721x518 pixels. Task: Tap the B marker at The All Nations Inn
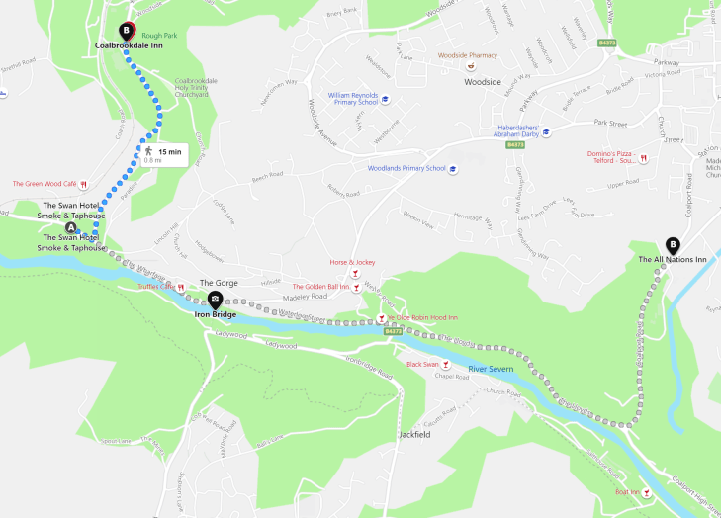click(x=674, y=245)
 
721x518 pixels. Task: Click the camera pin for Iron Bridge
click(x=215, y=298)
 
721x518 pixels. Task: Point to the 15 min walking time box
click(x=163, y=153)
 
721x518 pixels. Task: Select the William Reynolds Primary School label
click(x=353, y=99)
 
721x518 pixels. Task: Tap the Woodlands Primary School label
click(x=406, y=169)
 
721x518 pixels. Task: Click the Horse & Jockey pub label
click(x=352, y=262)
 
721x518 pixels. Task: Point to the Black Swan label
click(x=422, y=365)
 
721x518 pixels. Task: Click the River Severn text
click(x=491, y=369)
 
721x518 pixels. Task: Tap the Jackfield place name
click(x=415, y=434)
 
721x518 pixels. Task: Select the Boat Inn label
click(x=628, y=491)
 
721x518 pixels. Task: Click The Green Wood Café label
click(x=45, y=184)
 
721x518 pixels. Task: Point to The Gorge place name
click(x=219, y=283)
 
